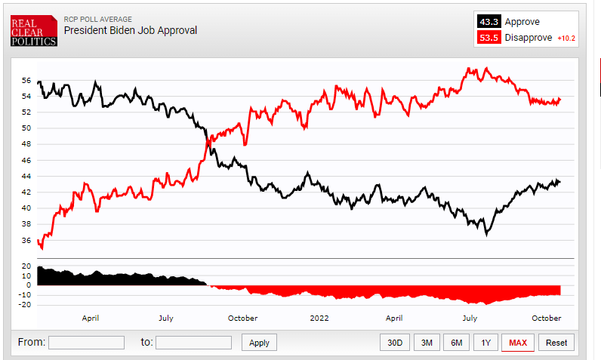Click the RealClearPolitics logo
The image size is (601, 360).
point(33,31)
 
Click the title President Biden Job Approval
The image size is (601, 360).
point(130,31)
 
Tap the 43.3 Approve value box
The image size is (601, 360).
point(489,22)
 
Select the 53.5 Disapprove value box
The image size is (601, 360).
point(489,38)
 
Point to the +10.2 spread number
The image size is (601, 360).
point(566,38)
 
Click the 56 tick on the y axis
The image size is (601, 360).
point(26,80)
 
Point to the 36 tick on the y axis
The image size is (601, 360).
point(26,241)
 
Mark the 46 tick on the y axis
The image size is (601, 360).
point(26,161)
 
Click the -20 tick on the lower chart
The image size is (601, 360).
point(25,305)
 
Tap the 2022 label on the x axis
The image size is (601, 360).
point(319,318)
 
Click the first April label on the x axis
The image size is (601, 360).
point(91,318)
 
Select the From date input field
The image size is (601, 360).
point(86,343)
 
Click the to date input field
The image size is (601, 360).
point(193,343)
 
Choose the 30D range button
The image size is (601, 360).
point(395,343)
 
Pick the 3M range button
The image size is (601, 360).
point(427,343)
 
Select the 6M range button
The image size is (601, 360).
point(457,343)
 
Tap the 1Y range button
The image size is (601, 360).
point(485,343)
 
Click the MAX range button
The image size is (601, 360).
point(518,343)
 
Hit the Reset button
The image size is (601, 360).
point(556,343)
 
